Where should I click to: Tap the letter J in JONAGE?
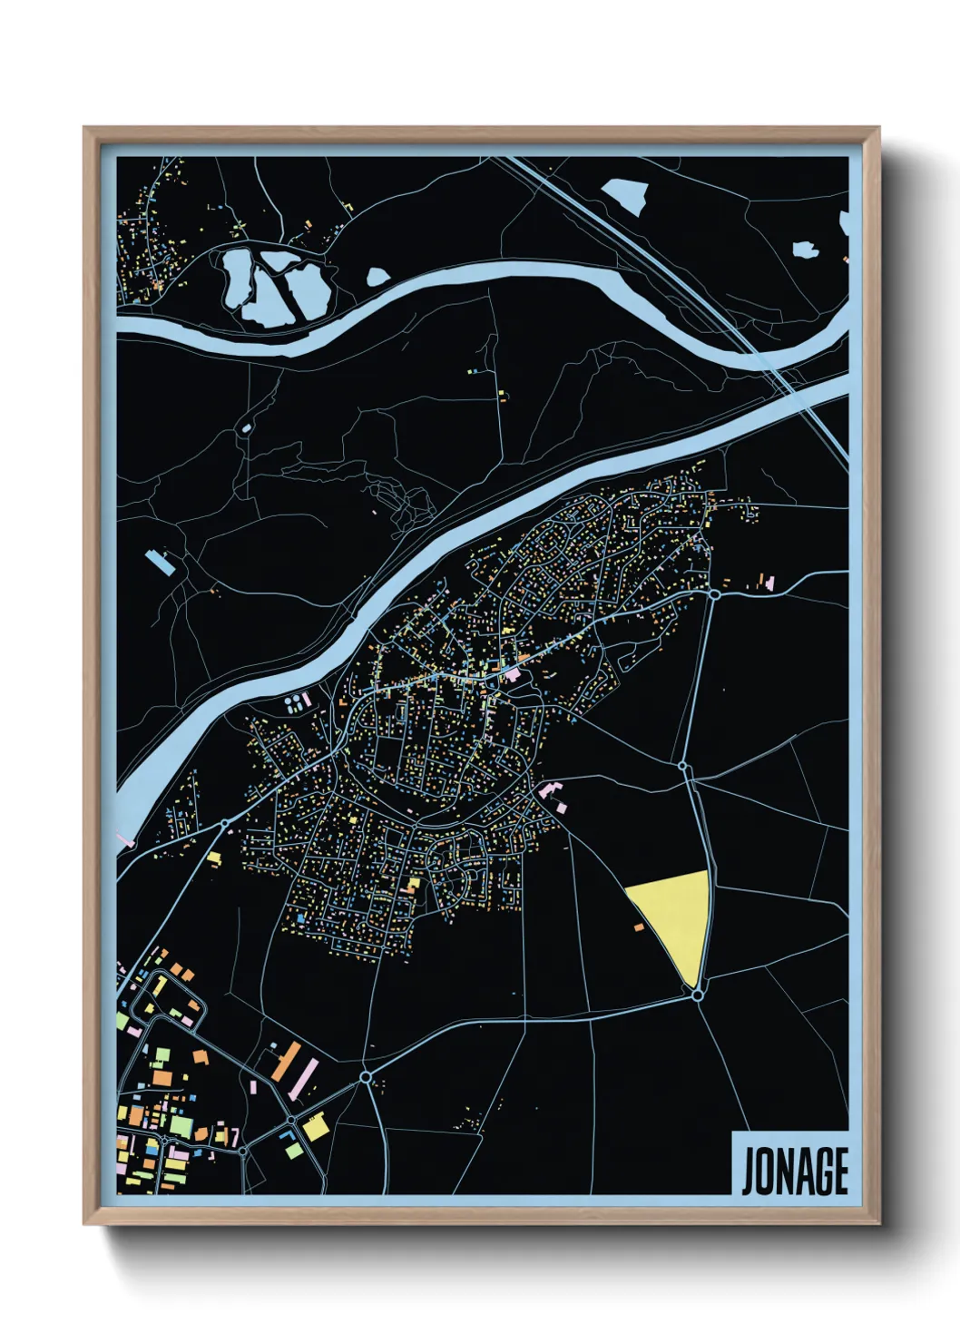[x=749, y=1171]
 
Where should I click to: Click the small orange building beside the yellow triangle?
[x=639, y=927]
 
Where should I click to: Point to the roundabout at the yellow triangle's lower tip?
[x=697, y=995]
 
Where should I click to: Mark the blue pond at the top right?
[x=626, y=193]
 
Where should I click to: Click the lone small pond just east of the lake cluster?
[x=377, y=276]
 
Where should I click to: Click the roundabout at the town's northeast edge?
[x=714, y=594]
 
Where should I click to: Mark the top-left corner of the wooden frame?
[x=85, y=129]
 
